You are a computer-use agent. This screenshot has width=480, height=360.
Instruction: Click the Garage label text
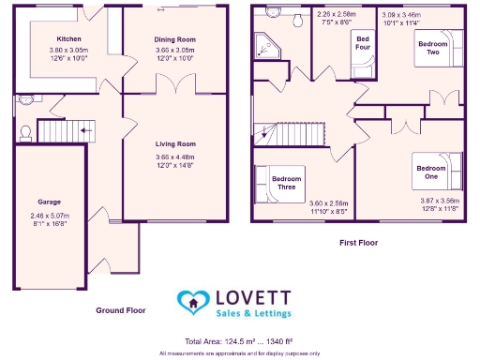[x=49, y=202]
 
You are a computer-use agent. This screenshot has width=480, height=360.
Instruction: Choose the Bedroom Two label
[x=433, y=48]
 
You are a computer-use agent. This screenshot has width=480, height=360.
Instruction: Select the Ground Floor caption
[x=121, y=308]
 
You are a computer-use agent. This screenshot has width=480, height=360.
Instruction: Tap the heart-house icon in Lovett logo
[x=191, y=301]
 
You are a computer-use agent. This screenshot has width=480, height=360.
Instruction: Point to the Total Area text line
[x=239, y=341]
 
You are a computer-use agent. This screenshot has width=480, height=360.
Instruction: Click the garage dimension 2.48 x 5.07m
[x=49, y=217]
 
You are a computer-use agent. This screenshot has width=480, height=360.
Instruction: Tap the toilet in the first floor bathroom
[x=297, y=19]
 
